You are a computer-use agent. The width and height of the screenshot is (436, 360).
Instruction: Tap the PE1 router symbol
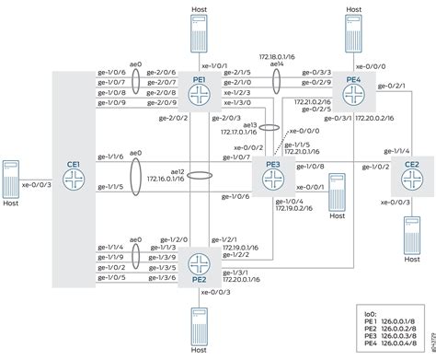point(198,92)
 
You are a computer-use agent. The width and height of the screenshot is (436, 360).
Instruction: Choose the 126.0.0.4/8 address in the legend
point(405,345)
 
